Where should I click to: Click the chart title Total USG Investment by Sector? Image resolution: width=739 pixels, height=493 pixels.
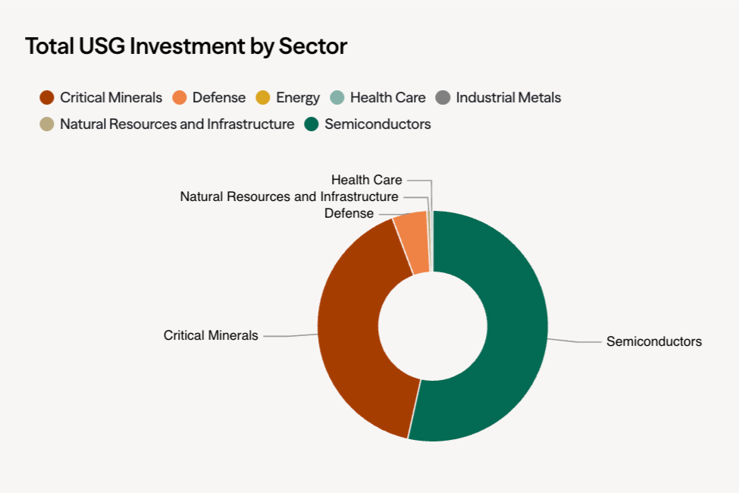click(186, 46)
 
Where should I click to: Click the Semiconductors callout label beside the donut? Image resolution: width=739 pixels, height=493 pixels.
click(653, 341)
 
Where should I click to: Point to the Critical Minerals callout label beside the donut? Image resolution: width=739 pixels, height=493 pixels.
click(211, 335)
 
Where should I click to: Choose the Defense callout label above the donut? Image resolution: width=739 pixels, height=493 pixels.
click(349, 214)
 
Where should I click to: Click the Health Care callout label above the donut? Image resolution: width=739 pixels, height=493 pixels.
click(366, 181)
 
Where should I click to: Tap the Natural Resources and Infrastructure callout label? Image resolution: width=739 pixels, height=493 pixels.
click(289, 197)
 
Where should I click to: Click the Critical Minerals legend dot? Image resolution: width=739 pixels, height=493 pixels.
click(47, 98)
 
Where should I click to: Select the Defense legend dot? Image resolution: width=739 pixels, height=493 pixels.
click(180, 98)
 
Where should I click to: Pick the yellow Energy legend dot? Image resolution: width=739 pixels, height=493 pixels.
click(263, 98)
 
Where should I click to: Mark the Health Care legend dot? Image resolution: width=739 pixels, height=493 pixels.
click(337, 98)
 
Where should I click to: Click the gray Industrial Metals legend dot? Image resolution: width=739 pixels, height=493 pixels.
click(443, 98)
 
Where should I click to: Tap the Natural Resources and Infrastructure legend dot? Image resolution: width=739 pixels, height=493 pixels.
click(47, 124)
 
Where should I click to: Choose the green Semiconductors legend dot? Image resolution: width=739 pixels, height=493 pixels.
click(312, 124)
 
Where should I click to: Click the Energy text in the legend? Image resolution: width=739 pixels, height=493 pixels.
click(298, 98)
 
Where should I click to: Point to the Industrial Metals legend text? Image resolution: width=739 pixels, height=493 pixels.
click(509, 98)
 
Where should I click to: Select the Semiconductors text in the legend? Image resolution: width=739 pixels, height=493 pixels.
click(377, 124)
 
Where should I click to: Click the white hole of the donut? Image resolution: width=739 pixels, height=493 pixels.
click(433, 326)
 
